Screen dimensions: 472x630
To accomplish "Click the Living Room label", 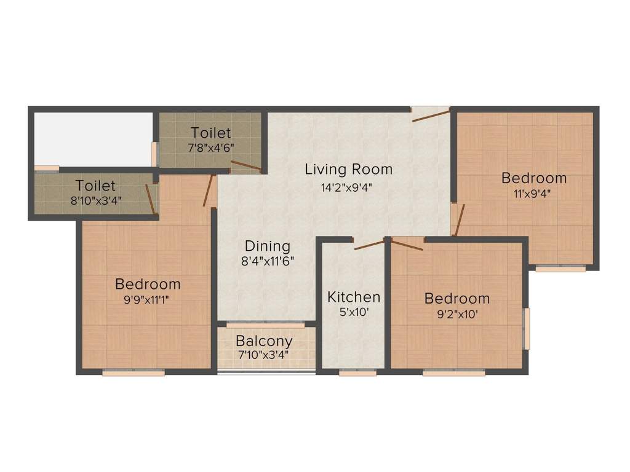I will click(x=348, y=169).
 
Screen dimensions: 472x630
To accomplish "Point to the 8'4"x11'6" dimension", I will click(x=267, y=261).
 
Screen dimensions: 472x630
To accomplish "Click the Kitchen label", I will click(x=354, y=297).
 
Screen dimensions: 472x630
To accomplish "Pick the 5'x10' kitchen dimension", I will click(x=354, y=312).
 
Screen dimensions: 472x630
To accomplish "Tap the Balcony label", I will click(x=264, y=340).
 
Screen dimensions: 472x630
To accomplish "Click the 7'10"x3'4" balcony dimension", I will click(x=264, y=355).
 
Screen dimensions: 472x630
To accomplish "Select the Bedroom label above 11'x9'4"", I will click(x=534, y=178).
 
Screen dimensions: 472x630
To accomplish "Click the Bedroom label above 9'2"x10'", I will click(x=457, y=299).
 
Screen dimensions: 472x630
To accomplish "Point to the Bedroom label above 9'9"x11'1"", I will click(x=148, y=284).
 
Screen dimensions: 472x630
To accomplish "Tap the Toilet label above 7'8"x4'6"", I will click(x=211, y=133).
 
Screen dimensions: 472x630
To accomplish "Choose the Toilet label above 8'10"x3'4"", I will click(x=95, y=185).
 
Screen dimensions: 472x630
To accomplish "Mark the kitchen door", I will click(x=369, y=244).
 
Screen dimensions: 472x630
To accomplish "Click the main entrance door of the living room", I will click(x=430, y=114).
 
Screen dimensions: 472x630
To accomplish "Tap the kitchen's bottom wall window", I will click(x=357, y=372).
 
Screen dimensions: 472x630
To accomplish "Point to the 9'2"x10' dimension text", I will click(x=457, y=314).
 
